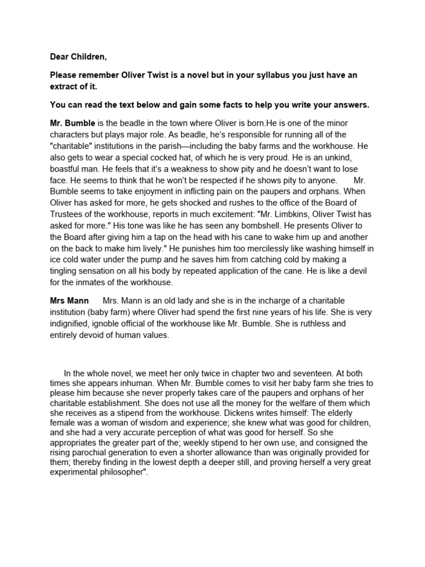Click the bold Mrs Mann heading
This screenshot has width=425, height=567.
69,301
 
